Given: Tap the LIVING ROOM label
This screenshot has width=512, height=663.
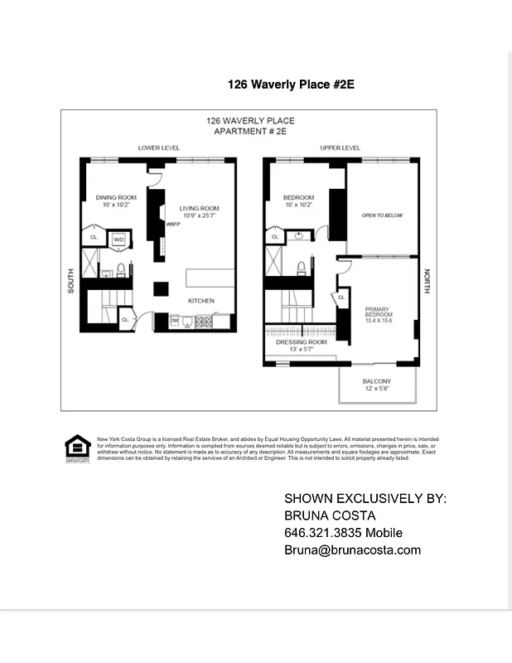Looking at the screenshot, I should click(199, 208).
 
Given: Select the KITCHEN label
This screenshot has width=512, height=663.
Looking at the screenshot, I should click(201, 300).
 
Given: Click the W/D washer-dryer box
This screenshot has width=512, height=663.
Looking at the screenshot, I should click(118, 240).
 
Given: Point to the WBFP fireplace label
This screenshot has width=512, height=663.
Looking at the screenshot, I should click(173, 224).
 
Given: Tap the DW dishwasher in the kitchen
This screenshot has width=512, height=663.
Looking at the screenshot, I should click(175, 319).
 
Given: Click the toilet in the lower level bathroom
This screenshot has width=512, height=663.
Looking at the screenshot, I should click(120, 269).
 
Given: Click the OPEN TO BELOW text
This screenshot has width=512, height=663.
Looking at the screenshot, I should click(381, 215).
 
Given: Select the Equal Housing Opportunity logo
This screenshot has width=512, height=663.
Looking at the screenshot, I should click(76, 448).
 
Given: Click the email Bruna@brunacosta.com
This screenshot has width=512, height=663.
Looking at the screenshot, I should click(352, 549).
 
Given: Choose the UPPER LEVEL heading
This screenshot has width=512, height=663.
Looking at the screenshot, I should click(340, 148).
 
